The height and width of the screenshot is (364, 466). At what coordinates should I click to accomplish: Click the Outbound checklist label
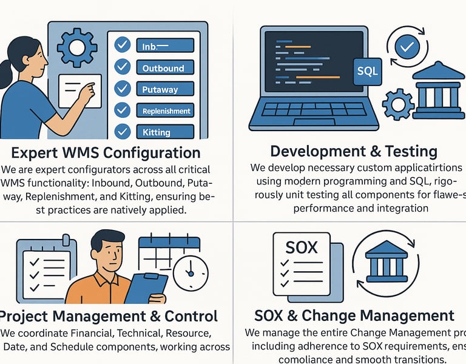pos(164,69)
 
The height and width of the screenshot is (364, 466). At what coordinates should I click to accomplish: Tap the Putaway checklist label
pos(160,90)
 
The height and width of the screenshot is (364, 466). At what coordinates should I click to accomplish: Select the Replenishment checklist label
pos(166,111)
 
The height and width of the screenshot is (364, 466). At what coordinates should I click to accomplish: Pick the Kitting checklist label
pos(157,132)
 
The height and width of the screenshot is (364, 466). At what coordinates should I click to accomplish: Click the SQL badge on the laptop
pos(367,72)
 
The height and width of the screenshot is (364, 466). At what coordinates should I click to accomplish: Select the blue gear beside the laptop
pos(399,104)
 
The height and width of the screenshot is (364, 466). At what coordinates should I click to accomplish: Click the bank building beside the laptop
pos(439,91)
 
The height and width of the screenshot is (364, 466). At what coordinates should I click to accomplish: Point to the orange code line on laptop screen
pos(311,77)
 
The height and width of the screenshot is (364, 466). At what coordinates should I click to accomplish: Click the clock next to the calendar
pos(190,273)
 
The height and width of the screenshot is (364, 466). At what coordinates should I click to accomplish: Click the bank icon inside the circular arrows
pos(387,259)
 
